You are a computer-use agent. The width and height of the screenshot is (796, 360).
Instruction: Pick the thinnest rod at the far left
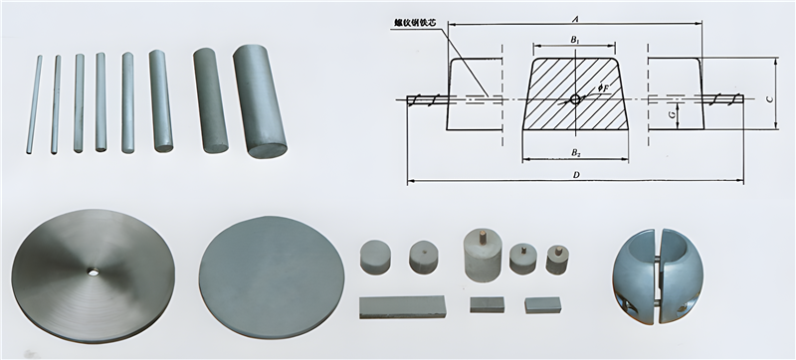[x=35, y=104]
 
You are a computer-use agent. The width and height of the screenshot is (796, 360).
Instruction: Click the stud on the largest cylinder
[x=482, y=236]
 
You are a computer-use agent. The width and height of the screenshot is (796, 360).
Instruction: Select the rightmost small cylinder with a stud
[x=558, y=258]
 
